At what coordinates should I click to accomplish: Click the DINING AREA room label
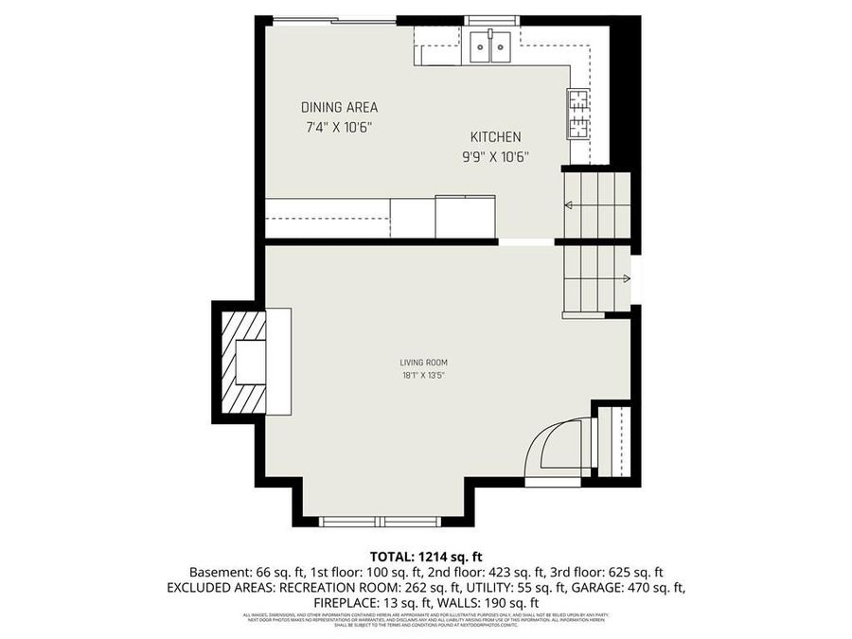(339, 107)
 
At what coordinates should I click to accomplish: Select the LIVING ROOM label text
(423, 362)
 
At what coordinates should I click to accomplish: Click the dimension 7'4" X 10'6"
(339, 127)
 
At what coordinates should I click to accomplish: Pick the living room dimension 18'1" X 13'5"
(423, 375)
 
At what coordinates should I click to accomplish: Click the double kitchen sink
(491, 45)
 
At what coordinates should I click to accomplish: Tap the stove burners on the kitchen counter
(577, 113)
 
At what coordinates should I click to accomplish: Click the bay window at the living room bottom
(379, 521)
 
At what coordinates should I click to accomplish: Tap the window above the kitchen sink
(491, 20)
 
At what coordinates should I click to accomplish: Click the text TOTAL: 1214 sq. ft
(425, 556)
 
